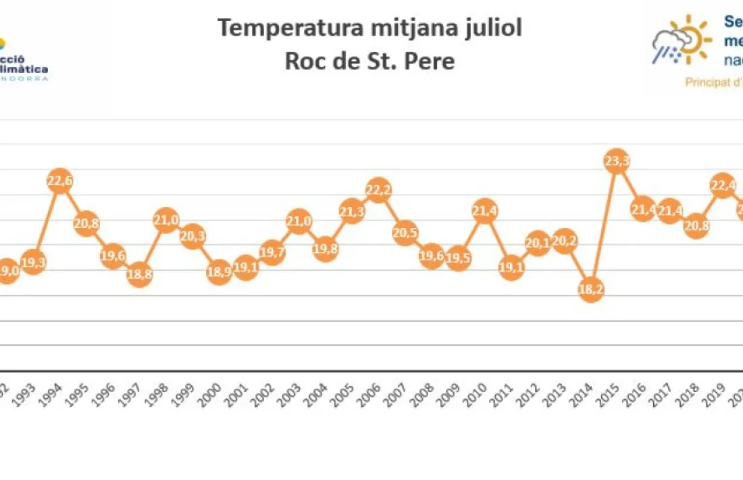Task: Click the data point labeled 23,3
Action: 617,162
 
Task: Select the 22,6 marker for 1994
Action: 59,181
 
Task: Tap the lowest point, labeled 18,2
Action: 591,289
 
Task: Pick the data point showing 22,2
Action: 378,191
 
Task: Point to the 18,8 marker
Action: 139,274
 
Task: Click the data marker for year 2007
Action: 405,233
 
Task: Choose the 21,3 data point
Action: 351,212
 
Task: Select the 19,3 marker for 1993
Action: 33,262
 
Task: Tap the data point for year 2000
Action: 219,272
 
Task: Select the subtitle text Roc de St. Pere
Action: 369,61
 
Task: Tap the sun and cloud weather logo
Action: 682,41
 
